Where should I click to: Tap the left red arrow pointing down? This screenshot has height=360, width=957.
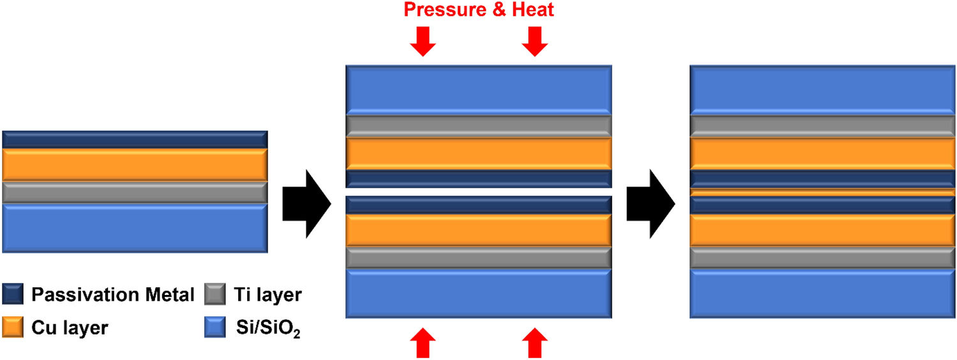pyautogui.click(x=423, y=41)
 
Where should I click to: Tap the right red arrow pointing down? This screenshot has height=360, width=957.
pyautogui.click(x=534, y=41)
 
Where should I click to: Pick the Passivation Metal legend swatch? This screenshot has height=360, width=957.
pyautogui.click(x=13, y=295)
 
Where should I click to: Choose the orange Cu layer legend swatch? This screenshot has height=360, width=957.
pyautogui.click(x=13, y=327)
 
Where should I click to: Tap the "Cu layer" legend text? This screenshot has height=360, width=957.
pyautogui.click(x=70, y=328)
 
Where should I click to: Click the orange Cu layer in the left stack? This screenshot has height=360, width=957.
pyautogui.click(x=135, y=165)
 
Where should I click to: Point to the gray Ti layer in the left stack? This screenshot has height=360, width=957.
pyautogui.click(x=135, y=192)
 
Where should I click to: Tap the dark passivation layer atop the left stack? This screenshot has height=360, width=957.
pyautogui.click(x=135, y=139)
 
